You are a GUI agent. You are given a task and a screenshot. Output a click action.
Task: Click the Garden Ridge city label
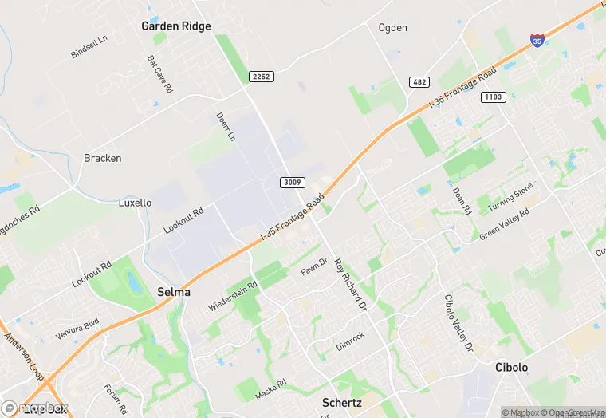point(176,26)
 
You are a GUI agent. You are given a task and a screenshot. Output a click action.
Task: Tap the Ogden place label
point(392,28)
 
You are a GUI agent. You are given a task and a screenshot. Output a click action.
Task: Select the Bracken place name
point(103,158)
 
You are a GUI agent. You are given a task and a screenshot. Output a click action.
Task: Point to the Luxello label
point(135,203)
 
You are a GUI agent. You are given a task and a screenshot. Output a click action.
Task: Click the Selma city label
point(174,292)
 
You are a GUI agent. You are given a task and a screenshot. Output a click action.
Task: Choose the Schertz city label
point(342,403)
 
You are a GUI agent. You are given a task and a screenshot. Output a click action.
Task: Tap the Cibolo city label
point(511,368)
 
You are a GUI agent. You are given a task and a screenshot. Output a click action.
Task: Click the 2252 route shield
point(260,76)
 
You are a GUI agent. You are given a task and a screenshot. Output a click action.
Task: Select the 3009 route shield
point(292,183)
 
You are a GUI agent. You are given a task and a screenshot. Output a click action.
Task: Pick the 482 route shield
point(420,82)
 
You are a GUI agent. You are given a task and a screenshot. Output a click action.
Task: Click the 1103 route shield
point(492,97)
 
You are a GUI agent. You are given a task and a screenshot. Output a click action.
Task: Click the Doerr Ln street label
point(226,127)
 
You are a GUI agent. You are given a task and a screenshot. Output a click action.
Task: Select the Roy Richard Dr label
point(349,284)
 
